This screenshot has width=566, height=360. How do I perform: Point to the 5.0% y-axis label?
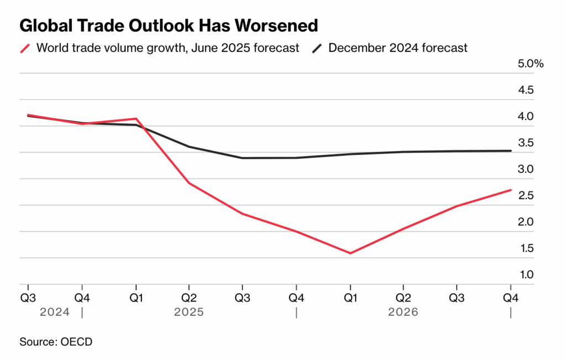(x=531, y=64)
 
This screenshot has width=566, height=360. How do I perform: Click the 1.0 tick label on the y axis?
(x=526, y=275)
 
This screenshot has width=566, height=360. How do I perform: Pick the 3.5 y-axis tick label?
(x=526, y=143)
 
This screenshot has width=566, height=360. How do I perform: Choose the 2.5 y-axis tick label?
(x=526, y=196)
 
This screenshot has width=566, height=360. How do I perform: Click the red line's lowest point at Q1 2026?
(x=350, y=253)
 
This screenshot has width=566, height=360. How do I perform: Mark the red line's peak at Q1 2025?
(x=136, y=118)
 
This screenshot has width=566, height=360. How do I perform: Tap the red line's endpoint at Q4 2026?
(x=510, y=190)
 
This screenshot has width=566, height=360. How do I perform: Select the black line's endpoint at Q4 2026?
(x=510, y=150)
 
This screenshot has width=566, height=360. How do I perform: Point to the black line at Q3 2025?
(x=243, y=158)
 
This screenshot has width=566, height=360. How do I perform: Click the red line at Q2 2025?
(x=190, y=183)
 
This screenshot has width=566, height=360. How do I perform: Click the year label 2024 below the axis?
(x=55, y=312)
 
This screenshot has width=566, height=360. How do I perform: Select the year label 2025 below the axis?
(x=189, y=312)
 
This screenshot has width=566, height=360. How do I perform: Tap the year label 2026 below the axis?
(x=403, y=312)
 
